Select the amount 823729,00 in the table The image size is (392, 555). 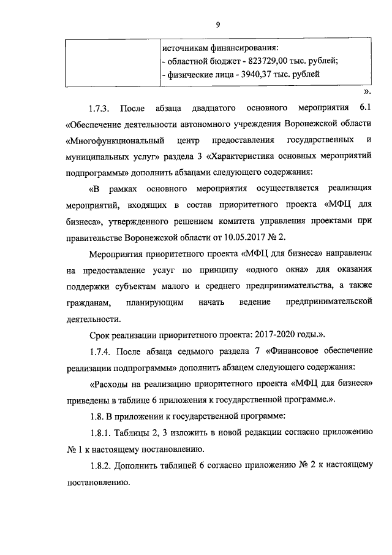tap(270, 61)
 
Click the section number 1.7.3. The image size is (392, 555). tap(99, 109)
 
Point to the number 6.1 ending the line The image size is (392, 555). tap(365, 109)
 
